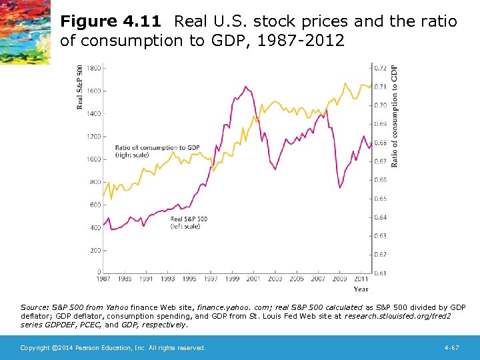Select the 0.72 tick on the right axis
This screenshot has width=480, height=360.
[x=379, y=68]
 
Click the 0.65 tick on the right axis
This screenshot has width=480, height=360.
[x=379, y=199]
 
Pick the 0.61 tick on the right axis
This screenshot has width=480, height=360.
[x=379, y=273]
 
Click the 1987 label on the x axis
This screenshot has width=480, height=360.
[x=103, y=279]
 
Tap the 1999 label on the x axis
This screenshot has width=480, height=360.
[x=232, y=279]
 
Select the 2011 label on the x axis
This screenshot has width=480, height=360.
[x=361, y=279]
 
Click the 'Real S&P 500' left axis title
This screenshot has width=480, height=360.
[x=80, y=87]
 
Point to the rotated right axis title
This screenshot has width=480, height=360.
[x=394, y=116]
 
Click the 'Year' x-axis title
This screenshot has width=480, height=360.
[x=361, y=289]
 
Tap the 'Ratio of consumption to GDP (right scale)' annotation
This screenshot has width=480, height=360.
[x=157, y=151]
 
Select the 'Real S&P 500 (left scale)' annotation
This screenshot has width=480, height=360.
[x=189, y=223]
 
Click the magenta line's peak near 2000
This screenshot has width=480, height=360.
[x=245, y=86]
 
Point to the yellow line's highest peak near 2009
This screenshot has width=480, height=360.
[x=345, y=83]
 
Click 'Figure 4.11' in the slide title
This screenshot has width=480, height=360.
[x=113, y=21]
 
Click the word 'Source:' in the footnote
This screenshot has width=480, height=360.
[x=34, y=307]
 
